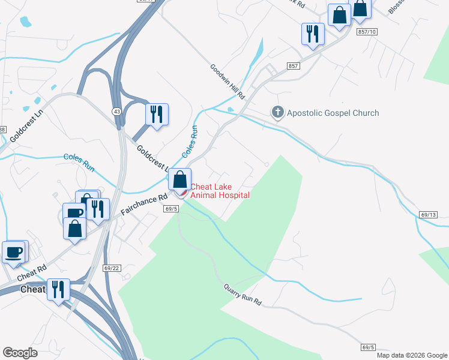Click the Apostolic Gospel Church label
coord(333,113)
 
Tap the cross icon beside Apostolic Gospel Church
coord(277,112)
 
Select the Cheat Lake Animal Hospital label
coord(220,191)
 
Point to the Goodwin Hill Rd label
coord(228,82)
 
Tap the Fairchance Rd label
coord(143,205)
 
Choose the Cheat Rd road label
coord(32,273)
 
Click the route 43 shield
coord(116,111)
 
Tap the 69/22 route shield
coord(112,268)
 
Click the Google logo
coord(20,352)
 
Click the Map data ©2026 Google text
coord(412,355)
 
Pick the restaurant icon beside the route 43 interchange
coord(157,113)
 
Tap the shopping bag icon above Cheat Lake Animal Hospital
coord(179,178)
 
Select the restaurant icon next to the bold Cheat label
coord(58,290)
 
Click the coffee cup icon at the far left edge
coord(13,251)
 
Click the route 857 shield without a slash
coord(293,66)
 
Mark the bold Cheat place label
coord(33,290)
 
